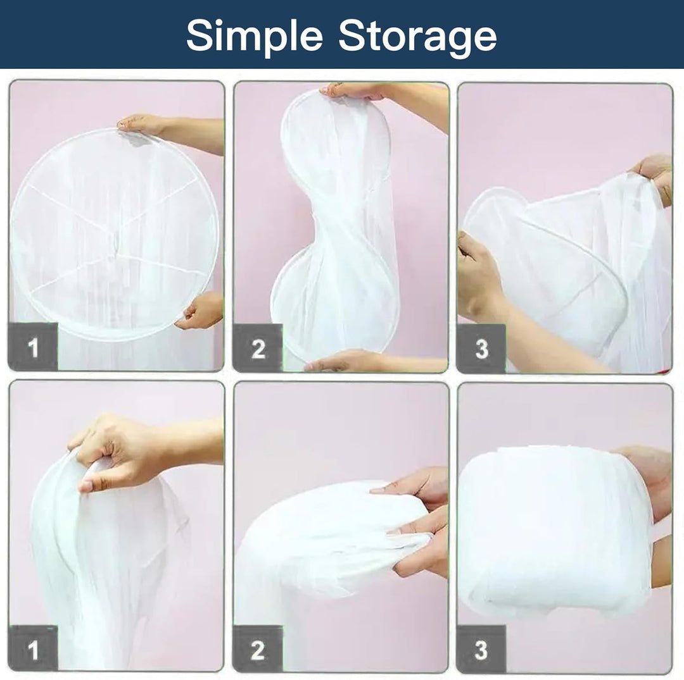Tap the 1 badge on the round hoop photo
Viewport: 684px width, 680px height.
[33, 347]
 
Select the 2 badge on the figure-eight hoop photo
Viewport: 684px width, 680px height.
[258, 348]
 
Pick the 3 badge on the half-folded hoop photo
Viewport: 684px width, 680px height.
[481, 349]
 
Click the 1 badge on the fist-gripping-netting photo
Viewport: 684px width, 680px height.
[33, 650]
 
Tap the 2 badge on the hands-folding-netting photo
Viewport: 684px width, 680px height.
[257, 650]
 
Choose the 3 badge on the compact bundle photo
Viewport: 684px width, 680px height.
[481, 650]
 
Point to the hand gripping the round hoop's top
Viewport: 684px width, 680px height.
[142, 125]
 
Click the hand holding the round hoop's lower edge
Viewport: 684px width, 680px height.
[199, 310]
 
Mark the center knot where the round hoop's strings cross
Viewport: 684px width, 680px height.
[114, 244]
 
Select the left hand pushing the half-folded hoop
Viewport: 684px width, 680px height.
[480, 275]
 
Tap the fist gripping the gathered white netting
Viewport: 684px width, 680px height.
[114, 453]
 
